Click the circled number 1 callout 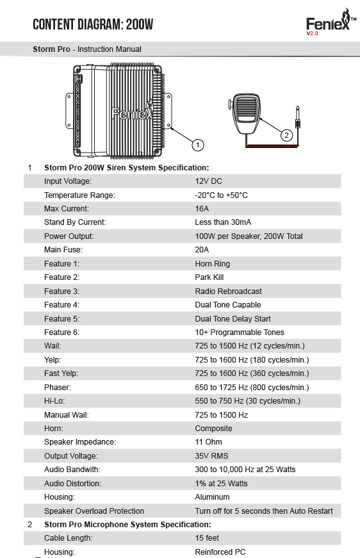[x=198, y=145]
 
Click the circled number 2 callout [x=286, y=135]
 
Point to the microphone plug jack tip [x=297, y=106]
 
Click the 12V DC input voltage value [x=208, y=181]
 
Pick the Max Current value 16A [x=202, y=209]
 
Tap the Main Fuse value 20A [x=202, y=250]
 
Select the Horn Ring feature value [x=213, y=264]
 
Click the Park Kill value [x=209, y=277]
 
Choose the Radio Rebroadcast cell [x=229, y=291]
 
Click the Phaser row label [x=57, y=387]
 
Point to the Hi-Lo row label [x=54, y=401]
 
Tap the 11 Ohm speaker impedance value [x=208, y=442]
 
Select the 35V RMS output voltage [x=211, y=456]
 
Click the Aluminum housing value [x=213, y=497]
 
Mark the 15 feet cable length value [x=207, y=538]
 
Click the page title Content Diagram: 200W [x=93, y=24]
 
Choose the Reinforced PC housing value [x=220, y=552]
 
